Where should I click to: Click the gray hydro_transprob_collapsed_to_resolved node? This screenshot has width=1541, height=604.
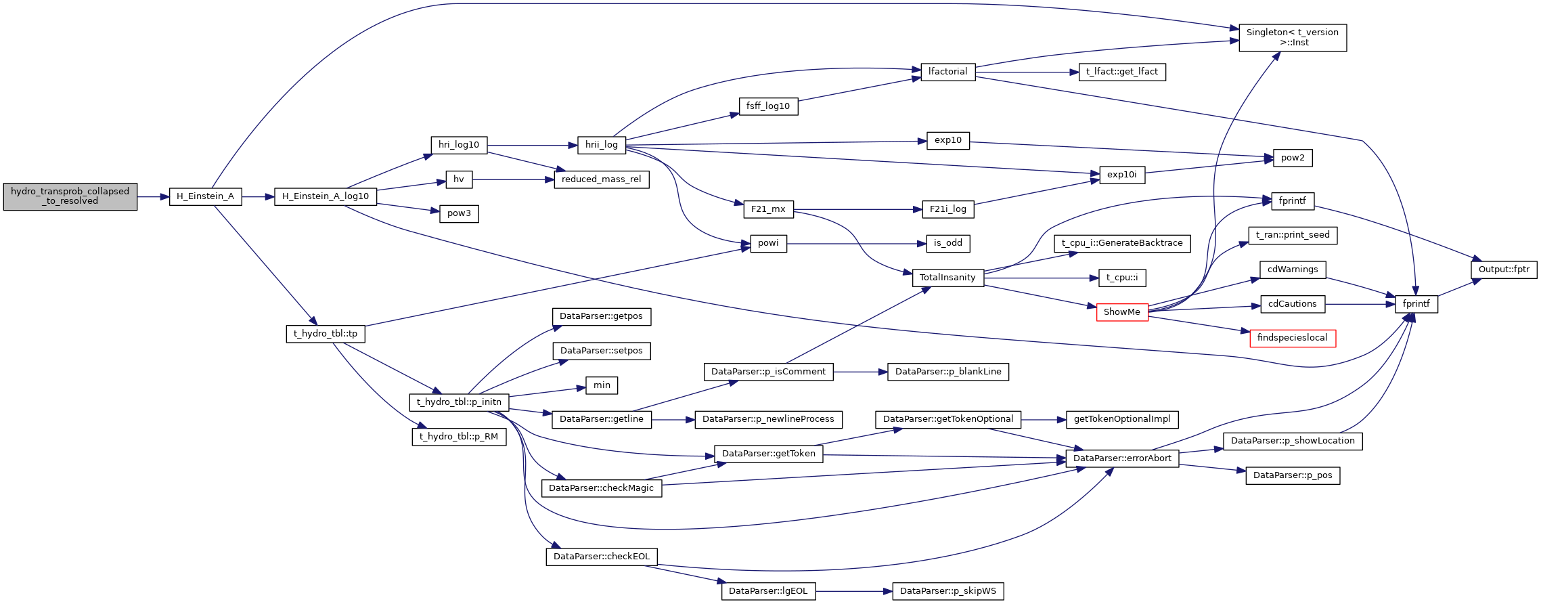click(70, 196)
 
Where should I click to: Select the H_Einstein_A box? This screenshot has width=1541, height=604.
click(205, 196)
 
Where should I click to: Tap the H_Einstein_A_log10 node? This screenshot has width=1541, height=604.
click(325, 196)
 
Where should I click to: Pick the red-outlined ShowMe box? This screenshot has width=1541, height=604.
click(1121, 312)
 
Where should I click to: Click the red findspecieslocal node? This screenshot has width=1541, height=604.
click(1292, 338)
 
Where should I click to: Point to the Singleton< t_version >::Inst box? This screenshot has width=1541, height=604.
click(1292, 37)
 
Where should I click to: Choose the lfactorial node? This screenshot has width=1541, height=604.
click(947, 72)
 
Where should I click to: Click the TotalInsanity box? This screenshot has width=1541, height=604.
click(947, 278)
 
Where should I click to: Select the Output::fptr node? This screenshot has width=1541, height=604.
click(1503, 269)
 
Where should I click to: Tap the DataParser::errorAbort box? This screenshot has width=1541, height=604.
click(1121, 458)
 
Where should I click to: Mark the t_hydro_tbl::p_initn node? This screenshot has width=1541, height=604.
click(459, 402)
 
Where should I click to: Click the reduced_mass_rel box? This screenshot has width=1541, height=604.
click(601, 179)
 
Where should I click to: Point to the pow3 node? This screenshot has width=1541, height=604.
click(458, 213)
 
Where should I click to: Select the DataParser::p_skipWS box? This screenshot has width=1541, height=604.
click(947, 591)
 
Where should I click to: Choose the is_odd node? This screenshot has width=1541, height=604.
click(947, 243)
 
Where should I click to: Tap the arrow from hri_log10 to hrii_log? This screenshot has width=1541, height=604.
click(532, 146)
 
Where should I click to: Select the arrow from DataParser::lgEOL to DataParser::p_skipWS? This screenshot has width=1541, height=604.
click(853, 591)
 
